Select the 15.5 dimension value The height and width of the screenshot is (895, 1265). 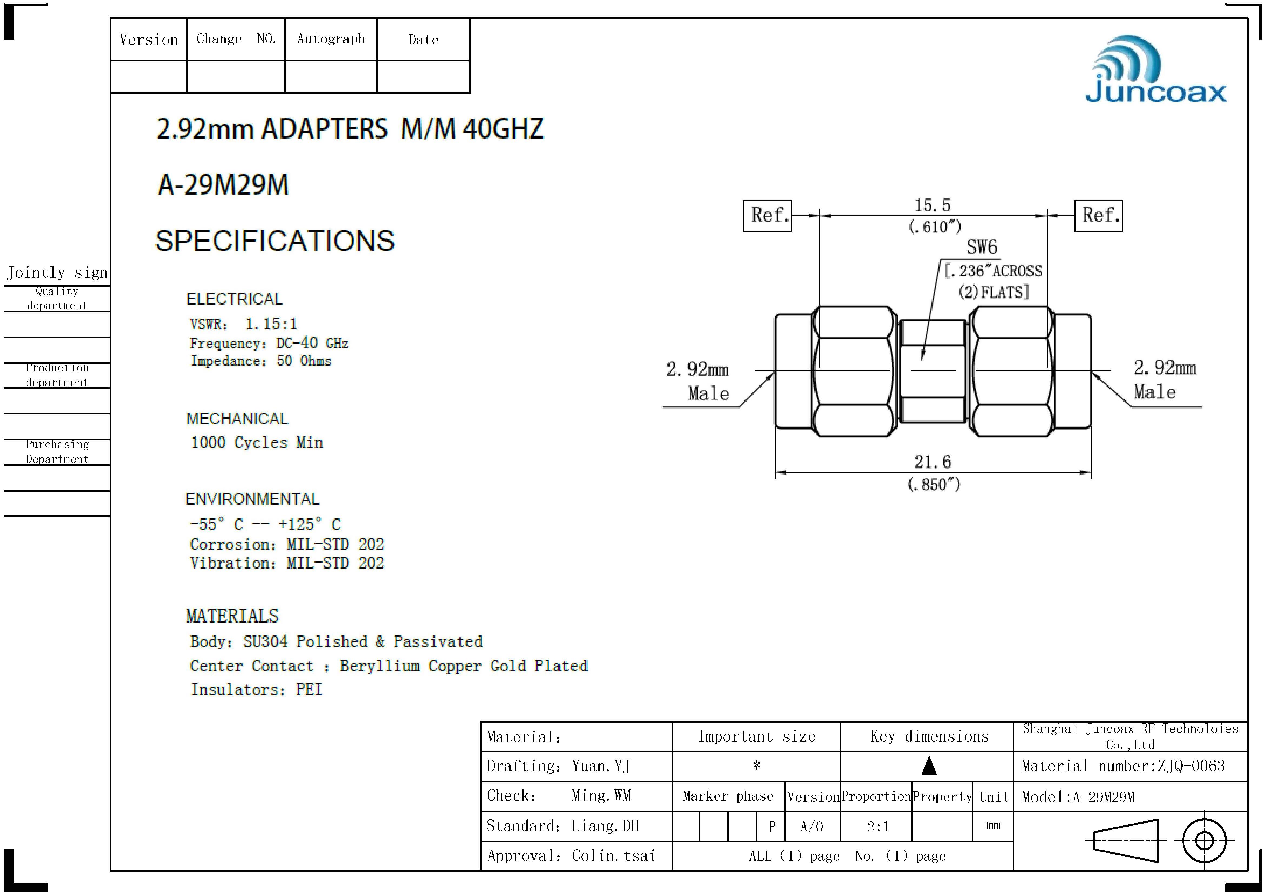pos(933,205)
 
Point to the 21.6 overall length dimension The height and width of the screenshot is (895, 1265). pos(933,462)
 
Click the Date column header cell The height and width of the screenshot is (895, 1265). pos(423,40)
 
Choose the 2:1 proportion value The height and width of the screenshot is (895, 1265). pos(878,827)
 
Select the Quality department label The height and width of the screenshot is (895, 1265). pos(57,298)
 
